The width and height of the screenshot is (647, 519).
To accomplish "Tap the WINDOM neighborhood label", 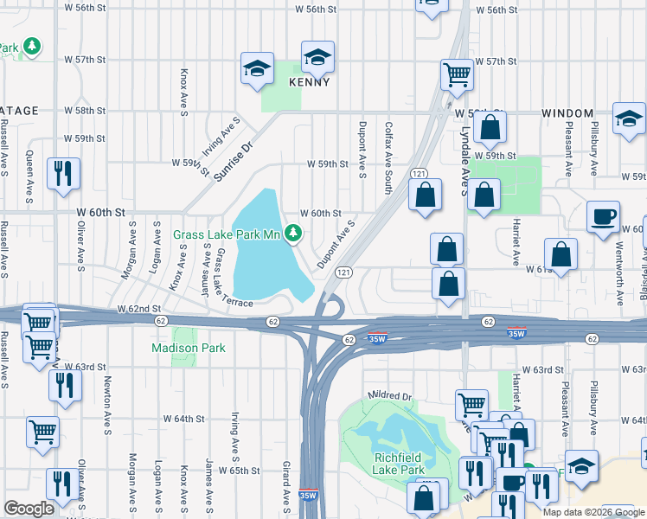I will point(567,113).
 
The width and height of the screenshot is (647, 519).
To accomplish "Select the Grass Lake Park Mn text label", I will point(228,234).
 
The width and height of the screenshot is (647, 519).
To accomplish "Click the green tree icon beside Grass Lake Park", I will point(294,233).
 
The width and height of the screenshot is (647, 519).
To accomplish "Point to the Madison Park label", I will point(189,348).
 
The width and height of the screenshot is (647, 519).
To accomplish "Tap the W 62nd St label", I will point(139,308).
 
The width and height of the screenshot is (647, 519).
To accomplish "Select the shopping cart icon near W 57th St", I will point(456,74).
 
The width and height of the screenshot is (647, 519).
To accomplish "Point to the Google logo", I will point(29,508).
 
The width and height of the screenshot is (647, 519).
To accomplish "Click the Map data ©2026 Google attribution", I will point(593,511).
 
